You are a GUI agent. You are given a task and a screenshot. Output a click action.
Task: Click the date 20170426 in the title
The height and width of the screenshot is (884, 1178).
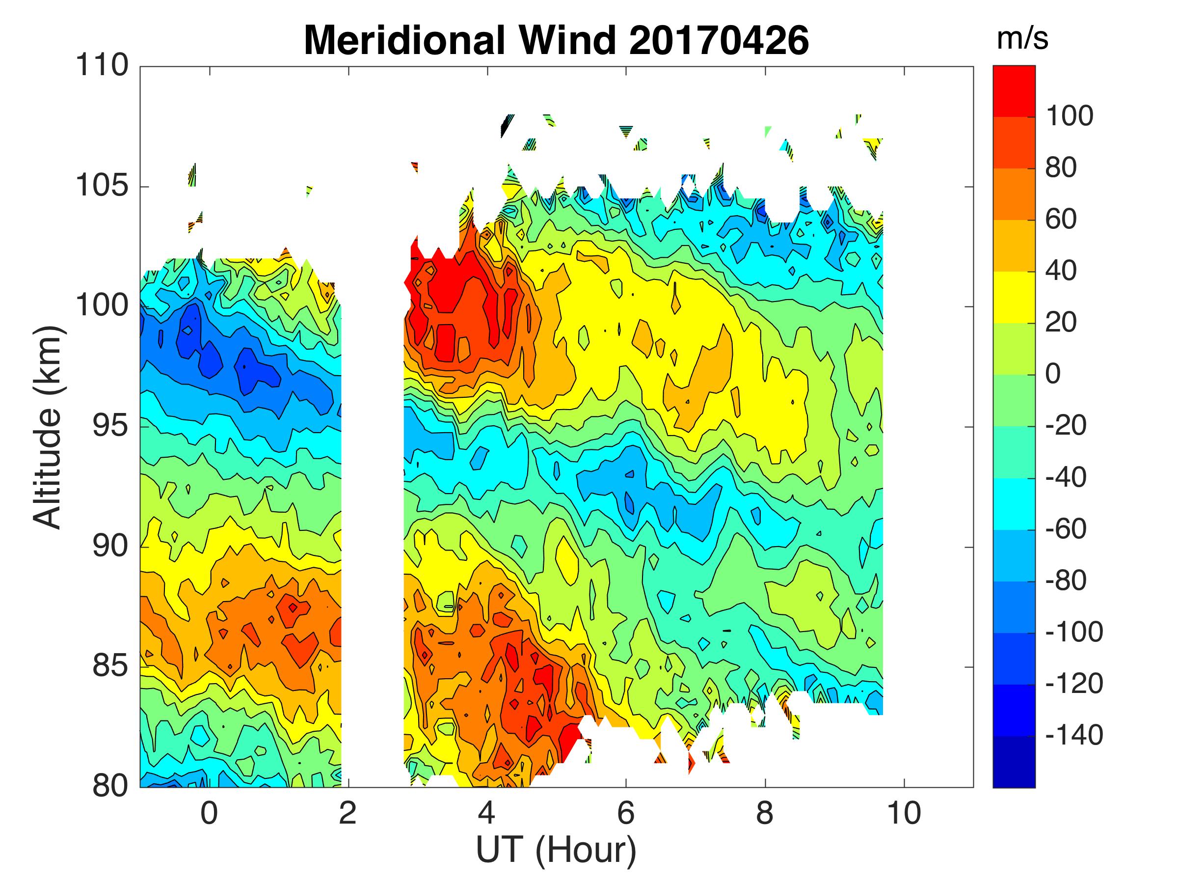coord(719,41)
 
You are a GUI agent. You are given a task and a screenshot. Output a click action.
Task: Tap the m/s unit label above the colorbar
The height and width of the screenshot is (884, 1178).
coord(1022,39)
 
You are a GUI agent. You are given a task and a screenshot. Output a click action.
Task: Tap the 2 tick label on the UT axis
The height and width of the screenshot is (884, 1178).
coord(348,814)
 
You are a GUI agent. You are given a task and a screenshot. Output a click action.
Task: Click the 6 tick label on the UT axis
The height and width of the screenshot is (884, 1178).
coord(626,814)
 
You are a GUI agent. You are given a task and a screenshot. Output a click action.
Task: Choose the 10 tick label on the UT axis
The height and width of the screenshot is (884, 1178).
coord(904,814)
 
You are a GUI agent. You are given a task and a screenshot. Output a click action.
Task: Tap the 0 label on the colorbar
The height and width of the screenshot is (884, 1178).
coord(1053,374)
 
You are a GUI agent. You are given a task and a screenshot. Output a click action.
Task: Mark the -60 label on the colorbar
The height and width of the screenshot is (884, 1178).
coord(1066,529)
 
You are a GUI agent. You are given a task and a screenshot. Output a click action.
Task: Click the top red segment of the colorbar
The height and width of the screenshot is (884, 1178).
coord(1014,90)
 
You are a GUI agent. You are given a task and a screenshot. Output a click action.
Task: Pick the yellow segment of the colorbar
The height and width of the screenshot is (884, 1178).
coord(1014,297)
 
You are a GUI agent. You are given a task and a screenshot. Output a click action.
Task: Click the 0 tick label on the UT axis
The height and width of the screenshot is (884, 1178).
coord(209,814)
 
